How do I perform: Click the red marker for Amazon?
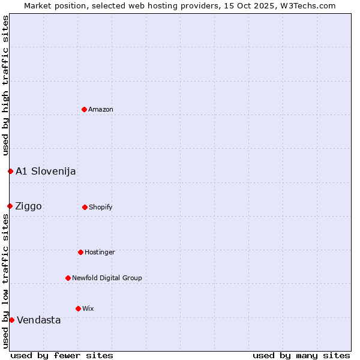(84, 109)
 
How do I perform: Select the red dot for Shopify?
(85, 207)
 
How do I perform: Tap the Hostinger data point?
(80, 252)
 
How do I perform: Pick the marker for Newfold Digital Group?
(68, 278)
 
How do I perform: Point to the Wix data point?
(78, 308)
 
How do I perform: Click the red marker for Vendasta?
(11, 320)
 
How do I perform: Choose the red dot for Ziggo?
(10, 206)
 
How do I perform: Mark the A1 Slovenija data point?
(10, 171)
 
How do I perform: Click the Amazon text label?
(101, 110)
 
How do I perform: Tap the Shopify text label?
(101, 208)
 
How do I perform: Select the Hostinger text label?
(100, 253)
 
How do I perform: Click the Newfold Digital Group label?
(107, 278)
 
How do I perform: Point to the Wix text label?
(88, 309)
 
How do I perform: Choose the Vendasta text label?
(39, 320)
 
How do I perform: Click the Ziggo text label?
(29, 206)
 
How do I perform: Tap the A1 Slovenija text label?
(46, 172)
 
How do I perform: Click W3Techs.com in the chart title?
(307, 5)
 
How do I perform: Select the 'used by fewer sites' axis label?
(62, 355)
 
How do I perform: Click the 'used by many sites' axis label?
(301, 355)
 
